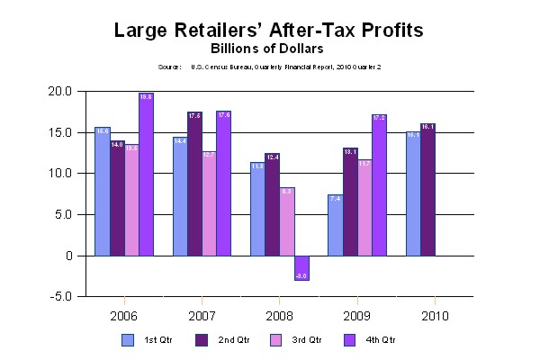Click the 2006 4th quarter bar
pos(146,175)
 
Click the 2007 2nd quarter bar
pos(194,184)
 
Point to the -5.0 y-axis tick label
pos(61,297)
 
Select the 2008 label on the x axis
pos(281,316)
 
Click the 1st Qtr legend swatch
pos(128,339)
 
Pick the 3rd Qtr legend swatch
pos(274,339)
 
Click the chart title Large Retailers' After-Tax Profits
pos(269,30)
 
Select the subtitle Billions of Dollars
pos(269,48)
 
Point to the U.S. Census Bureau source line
pos(269,67)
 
